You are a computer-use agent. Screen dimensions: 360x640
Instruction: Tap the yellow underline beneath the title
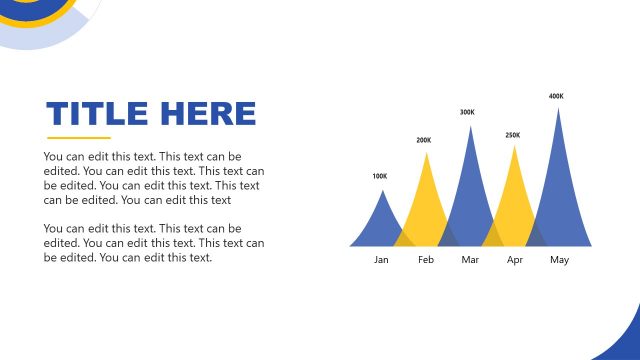click(x=79, y=138)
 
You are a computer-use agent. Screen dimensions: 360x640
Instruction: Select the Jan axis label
click(x=381, y=260)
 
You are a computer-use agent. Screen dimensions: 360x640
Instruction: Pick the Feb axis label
click(x=426, y=260)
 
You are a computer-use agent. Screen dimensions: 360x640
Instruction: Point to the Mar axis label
click(x=470, y=260)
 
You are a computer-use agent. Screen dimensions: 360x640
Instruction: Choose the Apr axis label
click(x=515, y=260)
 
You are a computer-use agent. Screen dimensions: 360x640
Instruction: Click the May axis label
click(x=559, y=260)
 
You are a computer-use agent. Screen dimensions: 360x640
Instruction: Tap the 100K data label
click(x=380, y=177)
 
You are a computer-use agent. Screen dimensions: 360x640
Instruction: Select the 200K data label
click(x=424, y=141)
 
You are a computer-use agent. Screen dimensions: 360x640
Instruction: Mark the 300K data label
click(x=468, y=113)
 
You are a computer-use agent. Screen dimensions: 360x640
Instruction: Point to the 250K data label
click(x=513, y=135)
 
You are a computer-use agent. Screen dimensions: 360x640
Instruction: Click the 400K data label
click(x=557, y=97)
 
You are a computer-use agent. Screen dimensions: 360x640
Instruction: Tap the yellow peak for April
click(x=514, y=200)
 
